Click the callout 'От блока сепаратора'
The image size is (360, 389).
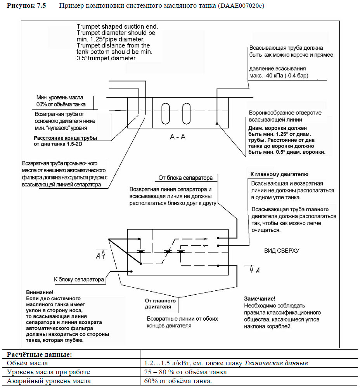click(185, 178)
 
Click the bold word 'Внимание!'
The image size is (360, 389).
click(39, 292)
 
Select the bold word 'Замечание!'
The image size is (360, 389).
click(260, 299)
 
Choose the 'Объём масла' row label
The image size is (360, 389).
click(26, 363)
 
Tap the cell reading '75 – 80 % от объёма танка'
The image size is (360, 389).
click(185, 372)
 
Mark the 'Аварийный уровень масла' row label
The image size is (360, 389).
click(48, 381)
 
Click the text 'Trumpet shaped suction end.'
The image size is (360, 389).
click(117, 27)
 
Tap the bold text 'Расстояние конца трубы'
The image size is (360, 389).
click(65, 138)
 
